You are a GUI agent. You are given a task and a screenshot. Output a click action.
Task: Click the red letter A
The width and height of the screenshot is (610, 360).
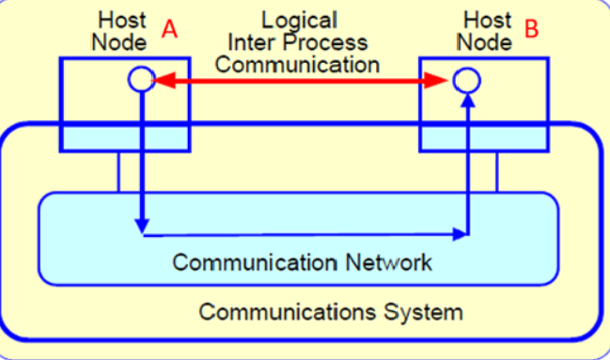(169, 29)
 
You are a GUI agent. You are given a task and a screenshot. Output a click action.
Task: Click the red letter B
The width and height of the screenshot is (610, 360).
(532, 29)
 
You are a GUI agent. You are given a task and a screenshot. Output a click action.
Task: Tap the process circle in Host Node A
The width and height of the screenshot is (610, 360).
(140, 80)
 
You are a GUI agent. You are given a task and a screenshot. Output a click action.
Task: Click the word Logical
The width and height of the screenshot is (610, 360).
(299, 20)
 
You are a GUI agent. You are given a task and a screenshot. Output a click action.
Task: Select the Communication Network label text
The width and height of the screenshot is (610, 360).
(303, 261)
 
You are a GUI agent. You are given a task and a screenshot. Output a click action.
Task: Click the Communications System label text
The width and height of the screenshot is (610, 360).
(332, 310)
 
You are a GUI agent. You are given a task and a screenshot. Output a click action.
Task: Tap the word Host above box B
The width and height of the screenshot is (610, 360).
(488, 20)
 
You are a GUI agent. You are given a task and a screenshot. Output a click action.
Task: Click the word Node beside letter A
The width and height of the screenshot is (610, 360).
(119, 42)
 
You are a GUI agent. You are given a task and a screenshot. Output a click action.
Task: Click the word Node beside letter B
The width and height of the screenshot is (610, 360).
(488, 42)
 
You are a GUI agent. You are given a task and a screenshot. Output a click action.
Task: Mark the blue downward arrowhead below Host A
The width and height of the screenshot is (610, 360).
(141, 226)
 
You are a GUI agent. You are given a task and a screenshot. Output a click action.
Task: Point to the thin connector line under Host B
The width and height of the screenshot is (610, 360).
(497, 172)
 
